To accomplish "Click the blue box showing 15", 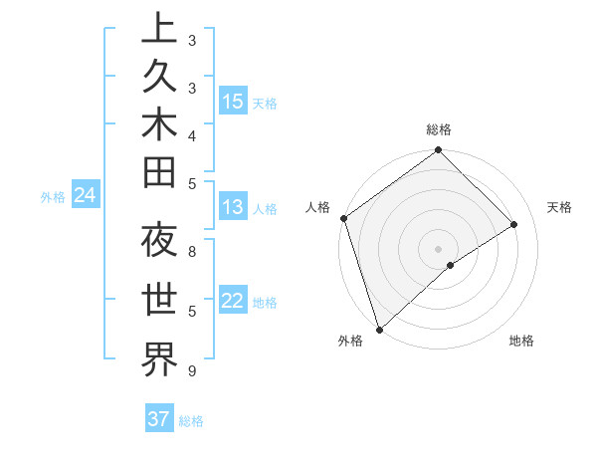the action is click(x=233, y=102).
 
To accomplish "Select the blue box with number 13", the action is click(x=233, y=207).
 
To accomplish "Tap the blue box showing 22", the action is click(x=233, y=301).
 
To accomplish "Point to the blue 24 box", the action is click(x=86, y=195).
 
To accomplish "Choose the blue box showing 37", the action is click(x=159, y=419).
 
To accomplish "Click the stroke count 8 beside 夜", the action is click(x=191, y=252).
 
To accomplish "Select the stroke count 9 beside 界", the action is click(x=191, y=371).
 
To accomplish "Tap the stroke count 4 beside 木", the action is click(x=191, y=134).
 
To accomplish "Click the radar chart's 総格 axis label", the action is click(x=439, y=129).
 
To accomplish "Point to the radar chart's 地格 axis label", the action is click(x=521, y=341).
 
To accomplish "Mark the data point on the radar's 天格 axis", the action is click(x=514, y=224).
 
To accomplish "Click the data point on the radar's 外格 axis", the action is click(x=379, y=329).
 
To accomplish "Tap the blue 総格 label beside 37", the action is click(x=191, y=421).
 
